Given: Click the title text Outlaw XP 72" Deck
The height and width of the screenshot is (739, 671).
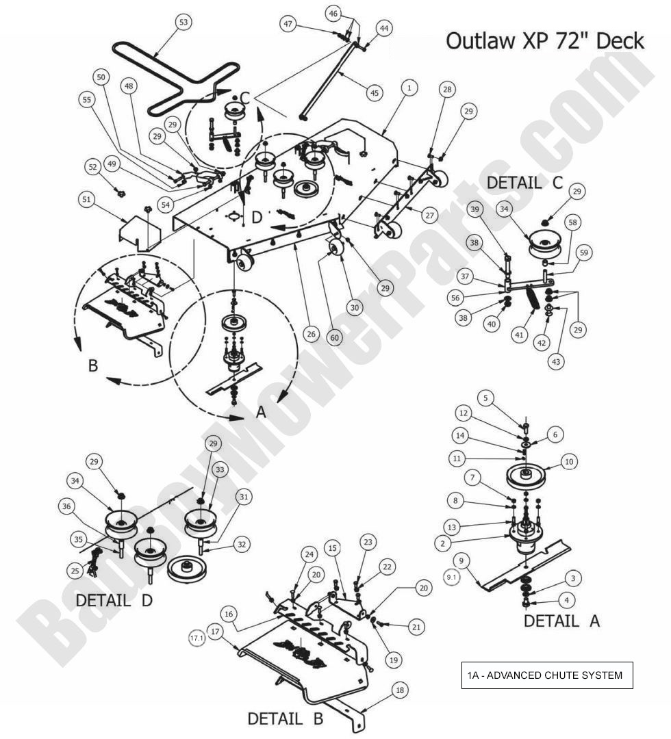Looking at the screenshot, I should (x=544, y=40).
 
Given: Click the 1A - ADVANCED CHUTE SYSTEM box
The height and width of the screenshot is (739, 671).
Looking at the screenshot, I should (x=545, y=675).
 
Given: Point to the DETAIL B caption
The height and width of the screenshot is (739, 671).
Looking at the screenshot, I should (x=285, y=719).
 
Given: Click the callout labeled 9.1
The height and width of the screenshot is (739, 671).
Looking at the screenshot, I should (x=451, y=577).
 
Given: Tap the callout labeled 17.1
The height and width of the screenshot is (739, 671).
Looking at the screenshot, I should (x=197, y=638).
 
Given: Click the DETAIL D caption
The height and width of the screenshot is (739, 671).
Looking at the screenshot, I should (x=113, y=600).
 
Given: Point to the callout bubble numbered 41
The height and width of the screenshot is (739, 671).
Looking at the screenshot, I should (x=520, y=336).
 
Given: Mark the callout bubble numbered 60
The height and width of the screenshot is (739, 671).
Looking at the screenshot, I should (x=333, y=337).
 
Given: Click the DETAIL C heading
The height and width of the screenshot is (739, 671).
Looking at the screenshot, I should (x=524, y=183).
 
